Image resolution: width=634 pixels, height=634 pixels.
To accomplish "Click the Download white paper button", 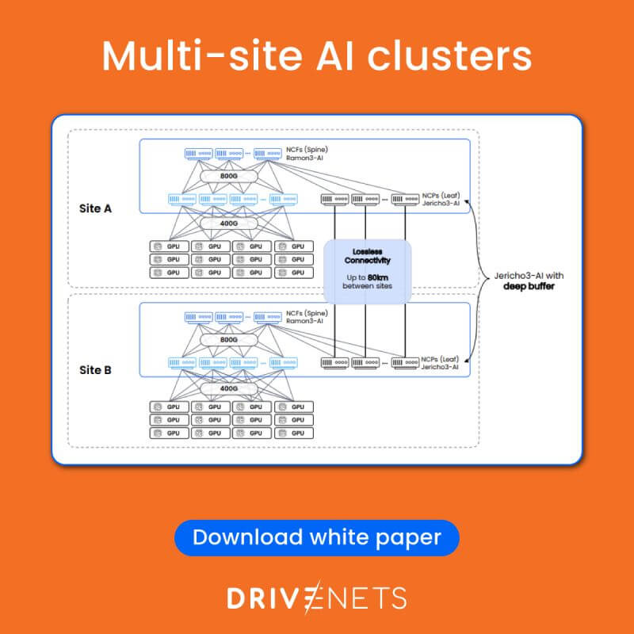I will [x=317, y=538].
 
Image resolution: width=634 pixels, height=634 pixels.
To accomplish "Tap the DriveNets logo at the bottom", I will [x=317, y=598].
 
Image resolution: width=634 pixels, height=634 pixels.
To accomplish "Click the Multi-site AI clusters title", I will [x=317, y=56].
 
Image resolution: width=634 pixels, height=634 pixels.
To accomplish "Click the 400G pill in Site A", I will [x=230, y=224].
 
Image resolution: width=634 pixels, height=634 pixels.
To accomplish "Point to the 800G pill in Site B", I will [x=230, y=339].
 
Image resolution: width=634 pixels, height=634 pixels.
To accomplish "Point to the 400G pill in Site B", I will [x=230, y=389].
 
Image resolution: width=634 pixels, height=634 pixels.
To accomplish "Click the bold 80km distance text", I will [x=378, y=277].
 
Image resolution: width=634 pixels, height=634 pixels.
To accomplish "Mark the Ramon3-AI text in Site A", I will [x=307, y=158].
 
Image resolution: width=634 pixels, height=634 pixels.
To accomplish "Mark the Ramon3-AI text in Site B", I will [x=307, y=322].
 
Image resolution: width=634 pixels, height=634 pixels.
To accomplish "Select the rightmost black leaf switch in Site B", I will [x=405, y=363].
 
